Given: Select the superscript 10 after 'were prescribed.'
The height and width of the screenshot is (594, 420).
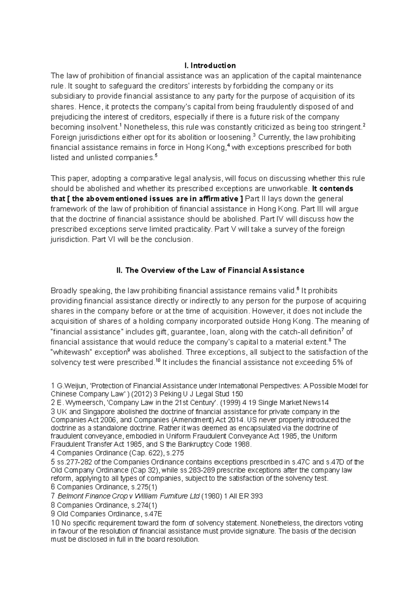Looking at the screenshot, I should [x=157, y=360].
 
